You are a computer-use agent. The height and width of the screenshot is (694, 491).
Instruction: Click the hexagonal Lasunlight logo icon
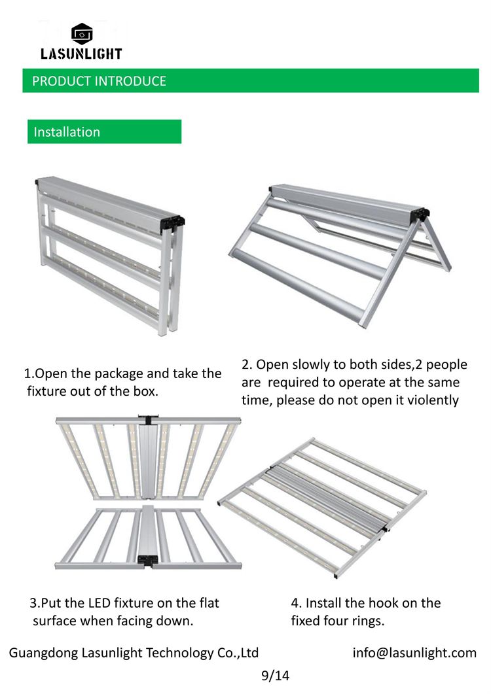coord(82,33)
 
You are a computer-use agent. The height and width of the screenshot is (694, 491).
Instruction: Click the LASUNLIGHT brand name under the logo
coord(81,54)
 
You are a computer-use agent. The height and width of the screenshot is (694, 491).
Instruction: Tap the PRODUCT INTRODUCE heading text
coord(100,81)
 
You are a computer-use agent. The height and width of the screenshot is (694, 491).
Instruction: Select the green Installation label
coord(105,131)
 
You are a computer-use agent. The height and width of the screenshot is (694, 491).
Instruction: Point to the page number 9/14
coord(275,676)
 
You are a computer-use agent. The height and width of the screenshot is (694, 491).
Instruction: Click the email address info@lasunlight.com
coord(414,653)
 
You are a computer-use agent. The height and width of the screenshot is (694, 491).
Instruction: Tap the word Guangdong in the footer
coord(43,653)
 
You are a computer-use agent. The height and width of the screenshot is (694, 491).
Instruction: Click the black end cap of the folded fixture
coord(173,222)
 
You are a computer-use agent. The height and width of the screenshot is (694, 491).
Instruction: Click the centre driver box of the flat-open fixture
coord(327,498)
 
